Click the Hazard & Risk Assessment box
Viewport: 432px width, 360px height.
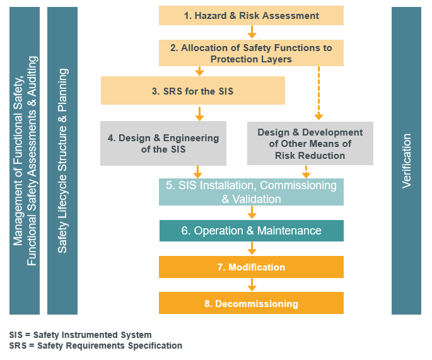click(x=251, y=15)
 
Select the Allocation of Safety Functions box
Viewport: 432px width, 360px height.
click(x=251, y=53)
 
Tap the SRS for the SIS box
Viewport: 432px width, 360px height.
click(x=193, y=91)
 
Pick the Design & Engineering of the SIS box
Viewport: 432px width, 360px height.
click(x=163, y=144)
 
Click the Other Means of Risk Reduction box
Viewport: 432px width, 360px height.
click(x=310, y=144)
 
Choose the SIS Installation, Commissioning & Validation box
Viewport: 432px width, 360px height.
click(x=251, y=192)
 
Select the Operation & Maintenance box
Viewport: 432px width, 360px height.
click(x=251, y=231)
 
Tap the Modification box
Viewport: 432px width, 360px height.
click(x=251, y=267)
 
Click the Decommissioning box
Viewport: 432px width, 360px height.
click(x=251, y=303)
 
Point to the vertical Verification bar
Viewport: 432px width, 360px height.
click(x=406, y=161)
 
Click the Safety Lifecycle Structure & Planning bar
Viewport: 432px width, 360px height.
click(x=62, y=161)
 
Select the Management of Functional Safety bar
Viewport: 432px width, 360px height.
click(x=25, y=161)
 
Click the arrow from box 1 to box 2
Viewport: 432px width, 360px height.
click(x=252, y=32)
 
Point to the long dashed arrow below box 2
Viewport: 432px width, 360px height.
click(x=318, y=93)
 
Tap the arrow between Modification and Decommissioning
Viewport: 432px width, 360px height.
click(x=252, y=285)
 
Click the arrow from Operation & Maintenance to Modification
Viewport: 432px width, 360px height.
click(x=252, y=248)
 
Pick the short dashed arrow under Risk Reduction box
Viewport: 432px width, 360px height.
click(x=306, y=172)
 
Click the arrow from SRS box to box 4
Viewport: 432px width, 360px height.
click(x=199, y=113)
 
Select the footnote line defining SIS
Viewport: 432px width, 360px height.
click(x=81, y=335)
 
